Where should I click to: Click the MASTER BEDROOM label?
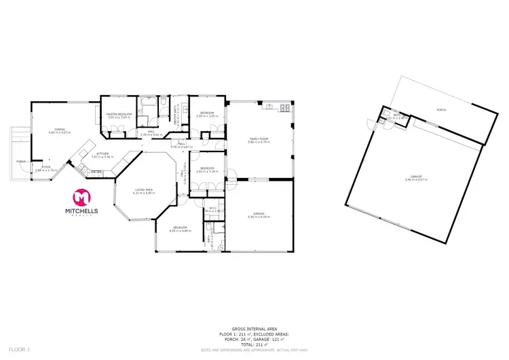119,114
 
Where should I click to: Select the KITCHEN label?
102,154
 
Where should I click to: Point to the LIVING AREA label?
143,190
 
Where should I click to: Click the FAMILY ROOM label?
259,139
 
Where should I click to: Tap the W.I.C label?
212,208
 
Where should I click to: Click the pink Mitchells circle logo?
82,197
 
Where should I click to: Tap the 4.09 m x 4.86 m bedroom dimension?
181,232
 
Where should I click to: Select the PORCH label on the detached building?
441,109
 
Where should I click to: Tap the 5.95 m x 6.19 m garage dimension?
259,217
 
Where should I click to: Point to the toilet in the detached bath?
385,113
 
